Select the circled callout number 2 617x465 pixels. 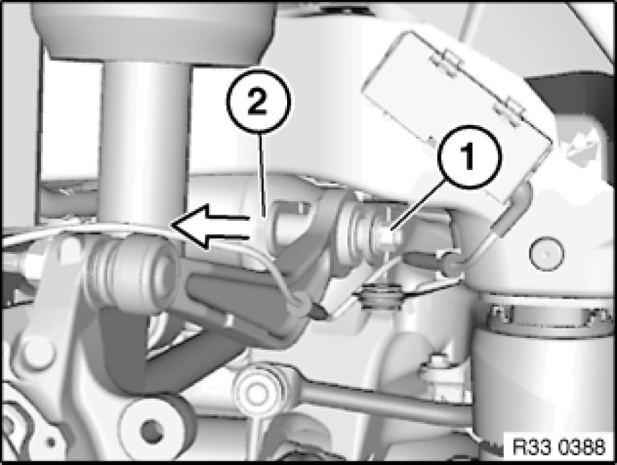[258, 101]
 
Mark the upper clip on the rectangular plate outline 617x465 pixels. [443, 62]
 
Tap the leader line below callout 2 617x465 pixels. [262, 176]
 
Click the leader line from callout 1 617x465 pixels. [418, 205]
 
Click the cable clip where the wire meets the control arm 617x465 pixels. [301, 301]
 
